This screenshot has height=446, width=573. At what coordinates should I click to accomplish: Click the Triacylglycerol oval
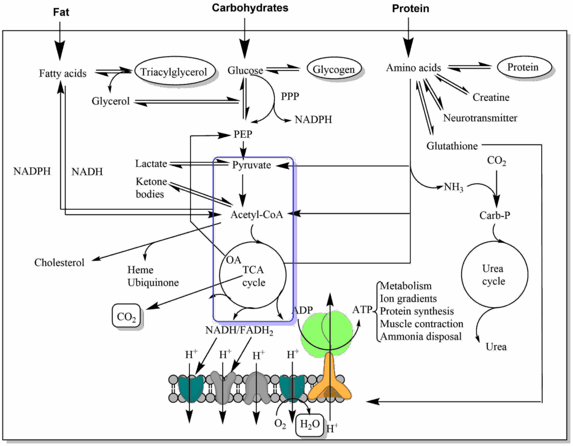click(x=174, y=71)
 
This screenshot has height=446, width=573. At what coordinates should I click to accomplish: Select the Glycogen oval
click(x=334, y=69)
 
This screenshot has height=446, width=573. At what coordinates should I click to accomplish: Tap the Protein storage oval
click(x=523, y=67)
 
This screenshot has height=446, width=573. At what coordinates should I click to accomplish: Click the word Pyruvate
click(x=251, y=165)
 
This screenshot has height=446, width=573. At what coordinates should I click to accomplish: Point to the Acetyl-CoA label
click(x=256, y=214)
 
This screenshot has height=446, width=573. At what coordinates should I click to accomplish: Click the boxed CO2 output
click(x=126, y=316)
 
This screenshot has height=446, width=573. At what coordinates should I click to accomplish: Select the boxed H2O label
click(x=309, y=424)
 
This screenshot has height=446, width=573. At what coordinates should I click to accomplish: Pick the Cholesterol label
click(x=59, y=262)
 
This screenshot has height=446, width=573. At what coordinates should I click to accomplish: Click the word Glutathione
click(x=452, y=146)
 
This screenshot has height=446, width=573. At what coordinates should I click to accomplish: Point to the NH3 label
click(x=453, y=187)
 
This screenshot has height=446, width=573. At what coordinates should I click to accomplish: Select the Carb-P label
click(x=495, y=215)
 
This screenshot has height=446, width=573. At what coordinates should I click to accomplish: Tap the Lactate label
click(x=151, y=163)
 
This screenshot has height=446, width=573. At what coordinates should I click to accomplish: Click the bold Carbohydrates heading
click(x=250, y=8)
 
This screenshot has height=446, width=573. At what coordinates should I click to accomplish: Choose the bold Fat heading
click(x=61, y=12)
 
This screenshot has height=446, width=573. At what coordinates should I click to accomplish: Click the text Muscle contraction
click(x=422, y=324)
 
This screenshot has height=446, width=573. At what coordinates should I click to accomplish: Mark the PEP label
click(x=243, y=134)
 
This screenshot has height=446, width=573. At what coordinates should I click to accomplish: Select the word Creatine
click(x=491, y=97)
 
